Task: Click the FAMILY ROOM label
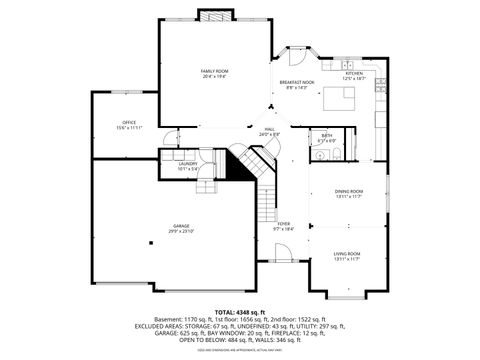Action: click(214, 71)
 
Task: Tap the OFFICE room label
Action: click(129, 122)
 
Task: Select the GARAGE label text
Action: click(181, 226)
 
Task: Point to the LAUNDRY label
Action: click(188, 167)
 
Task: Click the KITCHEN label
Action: click(355, 74)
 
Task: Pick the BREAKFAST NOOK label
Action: click(297, 82)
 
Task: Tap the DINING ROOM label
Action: click(348, 192)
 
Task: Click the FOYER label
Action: click(284, 224)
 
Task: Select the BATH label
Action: click(327, 135)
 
